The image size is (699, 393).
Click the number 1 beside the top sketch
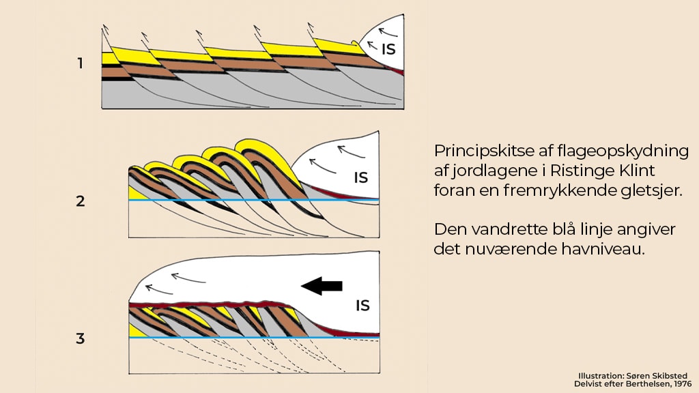coord(80,63)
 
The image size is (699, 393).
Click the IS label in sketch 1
coord(387,48)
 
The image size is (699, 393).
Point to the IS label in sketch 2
coord(361,178)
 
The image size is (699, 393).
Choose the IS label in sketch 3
coord(362,305)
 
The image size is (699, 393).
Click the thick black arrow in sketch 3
coord(322,287)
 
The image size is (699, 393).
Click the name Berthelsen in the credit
coord(642,384)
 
